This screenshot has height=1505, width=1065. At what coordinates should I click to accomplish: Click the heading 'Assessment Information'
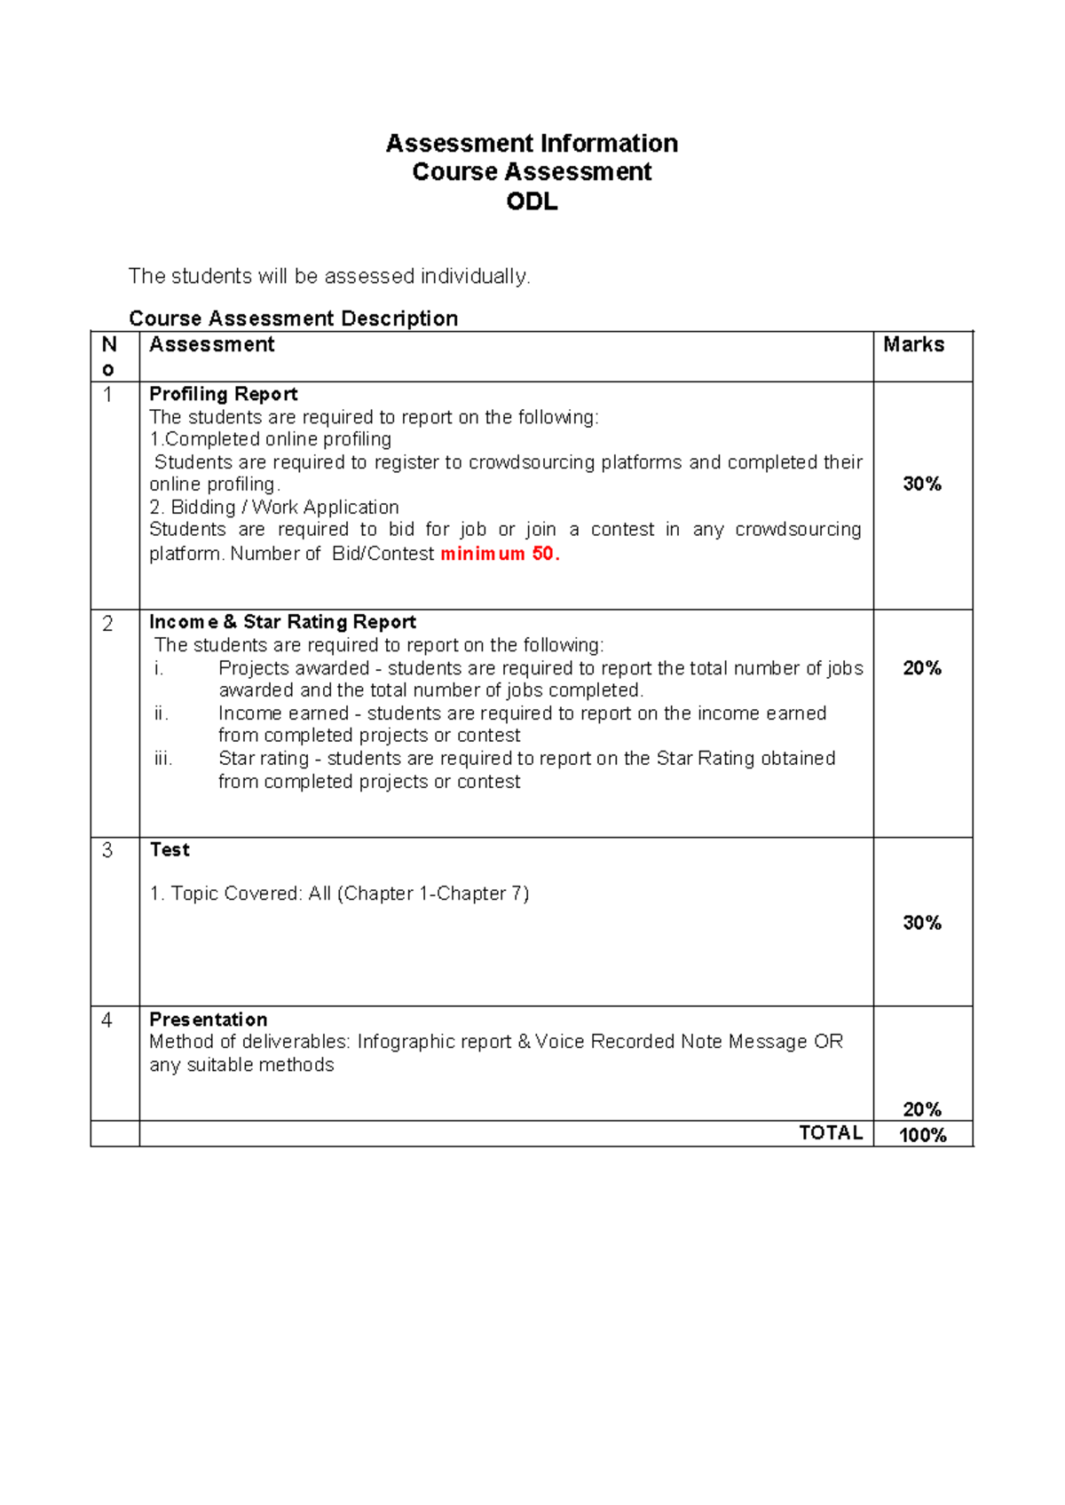click(x=532, y=143)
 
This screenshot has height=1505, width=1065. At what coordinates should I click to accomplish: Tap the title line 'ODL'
click(x=532, y=201)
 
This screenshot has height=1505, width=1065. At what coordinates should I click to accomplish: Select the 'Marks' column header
click(x=913, y=344)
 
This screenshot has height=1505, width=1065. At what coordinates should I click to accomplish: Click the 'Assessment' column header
click(x=211, y=344)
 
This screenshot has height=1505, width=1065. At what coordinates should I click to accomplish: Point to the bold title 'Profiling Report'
click(x=223, y=394)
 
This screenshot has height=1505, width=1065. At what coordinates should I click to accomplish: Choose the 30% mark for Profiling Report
click(x=922, y=484)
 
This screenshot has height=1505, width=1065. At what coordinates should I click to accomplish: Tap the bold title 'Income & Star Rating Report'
click(x=282, y=622)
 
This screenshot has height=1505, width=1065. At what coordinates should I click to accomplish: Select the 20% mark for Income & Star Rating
click(x=922, y=668)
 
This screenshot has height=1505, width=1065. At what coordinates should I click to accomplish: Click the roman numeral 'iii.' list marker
click(x=162, y=759)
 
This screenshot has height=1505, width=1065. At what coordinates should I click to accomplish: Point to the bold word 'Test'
click(x=170, y=850)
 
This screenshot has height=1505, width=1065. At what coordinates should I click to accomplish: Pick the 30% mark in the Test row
click(x=922, y=923)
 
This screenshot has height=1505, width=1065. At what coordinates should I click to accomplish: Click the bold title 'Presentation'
click(x=208, y=1020)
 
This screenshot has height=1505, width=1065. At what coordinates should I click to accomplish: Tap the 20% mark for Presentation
click(x=922, y=1109)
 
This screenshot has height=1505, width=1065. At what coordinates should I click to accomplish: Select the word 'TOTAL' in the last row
click(x=831, y=1132)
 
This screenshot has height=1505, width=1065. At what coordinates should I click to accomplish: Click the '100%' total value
click(x=922, y=1135)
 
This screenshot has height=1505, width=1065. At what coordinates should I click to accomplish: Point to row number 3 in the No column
click(x=107, y=850)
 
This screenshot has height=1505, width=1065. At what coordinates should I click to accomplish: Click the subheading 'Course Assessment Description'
click(x=293, y=318)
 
